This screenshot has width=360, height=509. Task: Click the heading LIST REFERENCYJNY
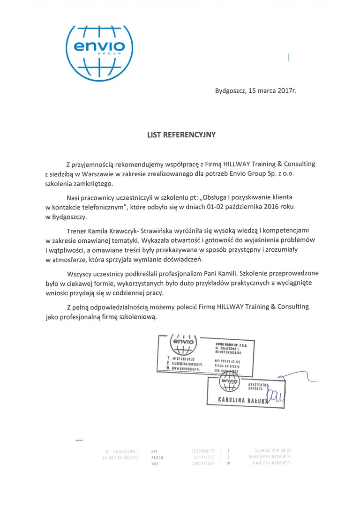[181, 135]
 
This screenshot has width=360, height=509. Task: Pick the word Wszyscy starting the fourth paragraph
[80, 273]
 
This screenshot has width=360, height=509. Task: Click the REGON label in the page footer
[157, 457]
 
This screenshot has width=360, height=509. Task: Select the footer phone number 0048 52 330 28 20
[273, 450]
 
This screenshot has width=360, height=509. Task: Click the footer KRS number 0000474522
[203, 463]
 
